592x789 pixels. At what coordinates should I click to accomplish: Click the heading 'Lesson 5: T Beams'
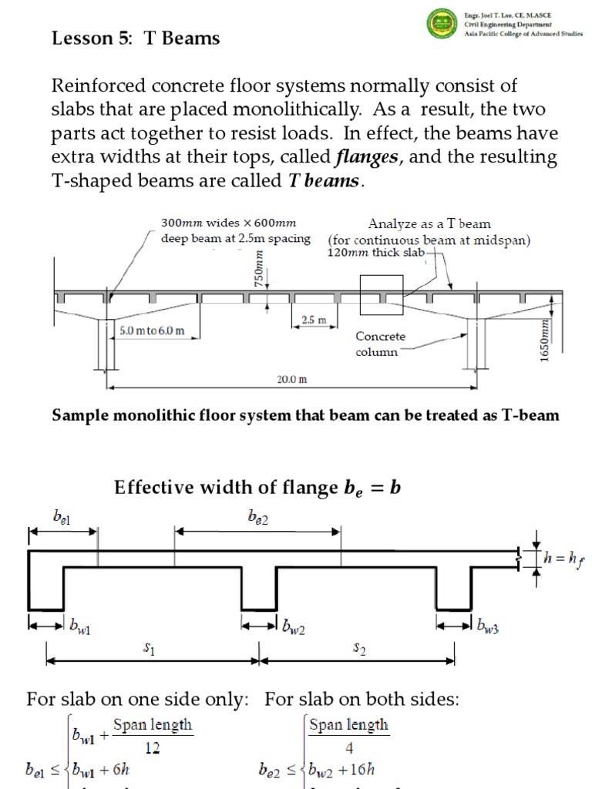tap(135, 39)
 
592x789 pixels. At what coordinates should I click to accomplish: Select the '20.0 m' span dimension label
tap(292, 379)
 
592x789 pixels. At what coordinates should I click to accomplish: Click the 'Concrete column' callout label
tap(379, 344)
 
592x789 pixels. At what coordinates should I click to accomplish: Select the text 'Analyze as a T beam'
tap(429, 224)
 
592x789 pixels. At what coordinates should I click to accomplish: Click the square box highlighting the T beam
tap(382, 295)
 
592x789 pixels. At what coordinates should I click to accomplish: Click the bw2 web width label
tap(293, 629)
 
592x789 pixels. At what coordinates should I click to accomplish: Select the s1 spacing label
tap(150, 650)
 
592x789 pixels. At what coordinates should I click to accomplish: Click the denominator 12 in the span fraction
tap(153, 747)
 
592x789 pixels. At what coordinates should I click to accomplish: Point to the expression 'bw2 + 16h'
tap(341, 770)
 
